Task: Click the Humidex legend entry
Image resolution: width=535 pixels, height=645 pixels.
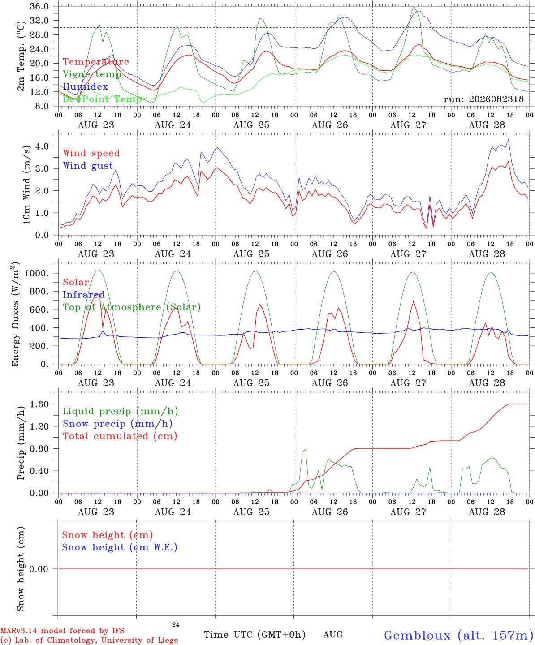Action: [x=85, y=86]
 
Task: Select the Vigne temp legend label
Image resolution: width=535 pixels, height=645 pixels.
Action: [x=92, y=74]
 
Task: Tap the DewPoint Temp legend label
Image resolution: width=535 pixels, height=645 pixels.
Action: [x=102, y=99]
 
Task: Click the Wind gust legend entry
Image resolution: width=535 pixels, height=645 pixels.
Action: [x=88, y=166]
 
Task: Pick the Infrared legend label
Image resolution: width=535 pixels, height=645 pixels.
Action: [x=84, y=294]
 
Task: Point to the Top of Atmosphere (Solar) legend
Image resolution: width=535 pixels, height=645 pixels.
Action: [x=132, y=307]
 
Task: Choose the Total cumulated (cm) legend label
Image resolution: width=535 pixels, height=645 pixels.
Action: [x=120, y=436]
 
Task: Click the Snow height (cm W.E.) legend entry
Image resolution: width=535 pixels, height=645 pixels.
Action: [x=119, y=547]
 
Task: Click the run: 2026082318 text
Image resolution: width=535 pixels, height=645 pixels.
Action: [x=483, y=99]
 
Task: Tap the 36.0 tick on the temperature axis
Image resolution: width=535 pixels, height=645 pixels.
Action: [x=39, y=6]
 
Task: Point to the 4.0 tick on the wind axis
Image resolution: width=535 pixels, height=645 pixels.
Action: [x=42, y=146]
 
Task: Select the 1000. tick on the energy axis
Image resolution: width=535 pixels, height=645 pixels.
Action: [x=37, y=273]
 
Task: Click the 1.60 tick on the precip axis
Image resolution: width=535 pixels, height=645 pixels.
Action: [x=39, y=404]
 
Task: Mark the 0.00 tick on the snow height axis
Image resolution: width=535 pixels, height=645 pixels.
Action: [x=39, y=569]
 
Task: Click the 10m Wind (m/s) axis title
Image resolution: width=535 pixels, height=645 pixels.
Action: [x=26, y=185]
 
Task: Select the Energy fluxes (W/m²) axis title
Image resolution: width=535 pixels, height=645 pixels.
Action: [x=15, y=314]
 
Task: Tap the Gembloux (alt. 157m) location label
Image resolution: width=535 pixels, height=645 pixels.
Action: [x=459, y=635]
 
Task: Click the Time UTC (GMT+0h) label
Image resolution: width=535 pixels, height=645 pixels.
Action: [x=255, y=635]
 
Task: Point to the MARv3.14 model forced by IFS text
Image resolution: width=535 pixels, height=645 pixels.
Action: [x=62, y=631]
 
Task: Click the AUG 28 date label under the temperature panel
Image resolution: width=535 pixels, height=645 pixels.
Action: [x=487, y=125]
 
